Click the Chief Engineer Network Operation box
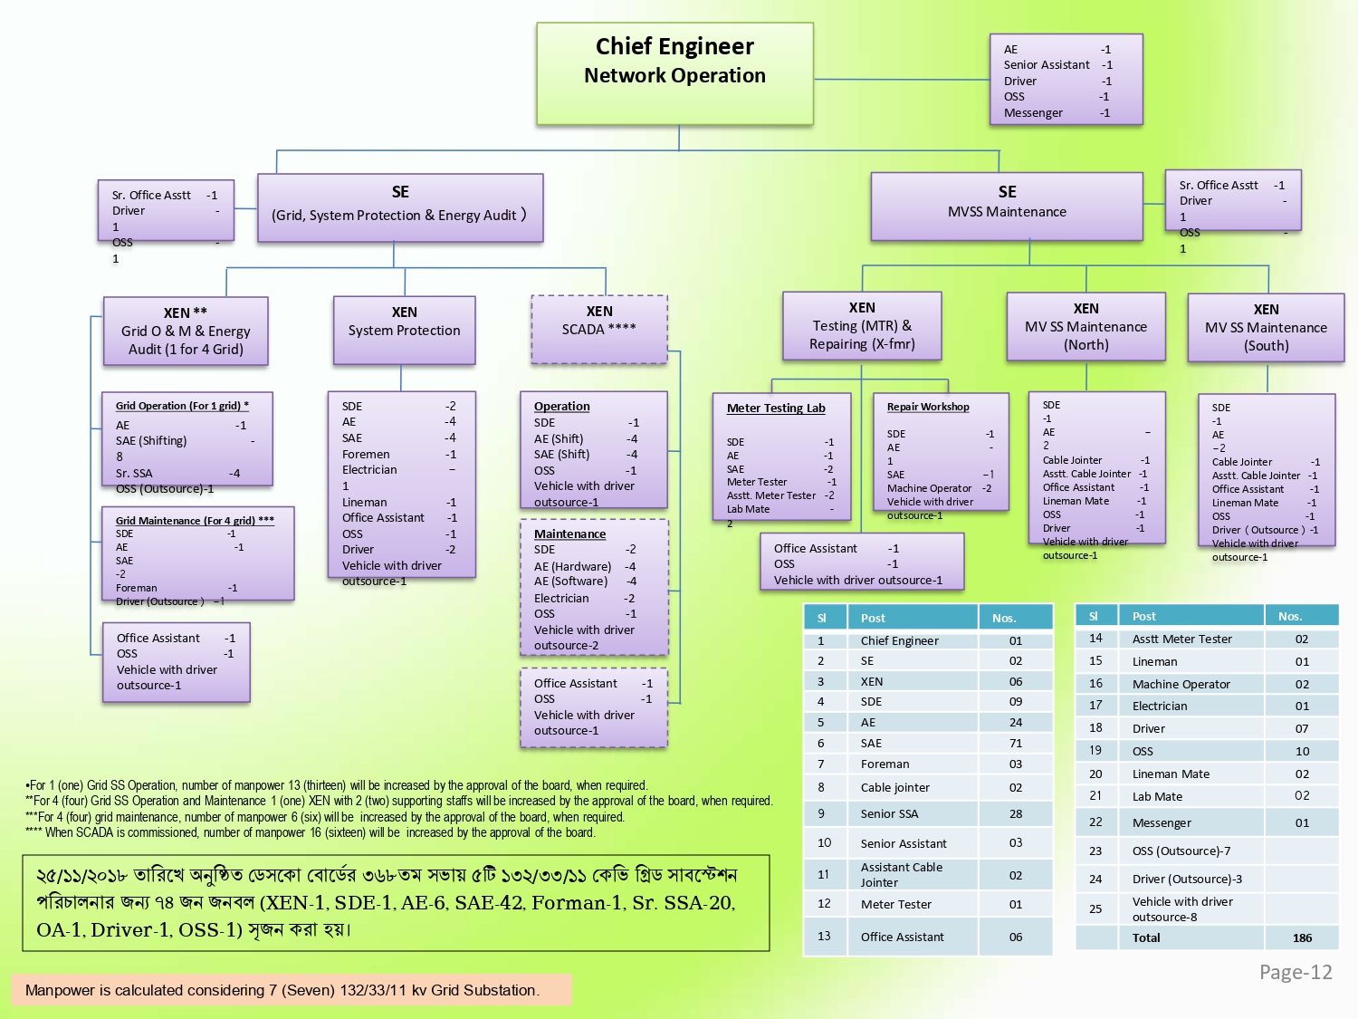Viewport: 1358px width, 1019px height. pos(674,73)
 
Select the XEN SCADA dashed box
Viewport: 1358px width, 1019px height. pos(599,329)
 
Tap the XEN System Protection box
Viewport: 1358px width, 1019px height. pos(404,330)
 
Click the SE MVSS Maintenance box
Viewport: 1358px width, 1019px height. pos(1007,207)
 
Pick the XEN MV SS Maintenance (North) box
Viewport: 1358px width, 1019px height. pos(1085,327)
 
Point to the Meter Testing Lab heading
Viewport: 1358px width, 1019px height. pos(776,409)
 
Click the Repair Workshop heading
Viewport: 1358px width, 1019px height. pos(928,407)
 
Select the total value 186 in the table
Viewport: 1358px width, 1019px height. pos(1302,937)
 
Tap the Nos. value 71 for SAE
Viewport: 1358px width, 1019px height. pos(1016,743)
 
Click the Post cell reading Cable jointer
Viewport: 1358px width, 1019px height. pos(894,787)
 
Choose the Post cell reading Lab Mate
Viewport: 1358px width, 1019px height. pos(1157,796)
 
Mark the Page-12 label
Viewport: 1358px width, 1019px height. pos(1296,972)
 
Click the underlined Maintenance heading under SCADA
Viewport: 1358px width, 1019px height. pos(569,534)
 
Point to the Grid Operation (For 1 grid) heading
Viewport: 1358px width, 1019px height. pos(182,406)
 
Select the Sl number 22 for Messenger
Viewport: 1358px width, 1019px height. pos(1095,822)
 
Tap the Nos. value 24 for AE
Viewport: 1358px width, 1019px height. pos(1016,722)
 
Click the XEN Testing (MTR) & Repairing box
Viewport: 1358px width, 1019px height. pos(862,326)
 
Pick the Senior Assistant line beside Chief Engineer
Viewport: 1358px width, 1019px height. pos(1047,65)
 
